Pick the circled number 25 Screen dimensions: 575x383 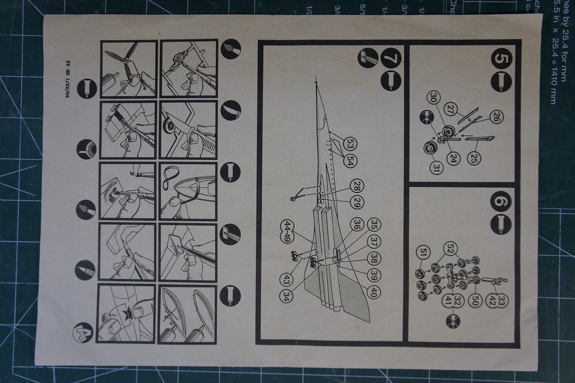coord(473,158)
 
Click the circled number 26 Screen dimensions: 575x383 coord(496,117)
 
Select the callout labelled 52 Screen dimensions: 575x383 coord(450,248)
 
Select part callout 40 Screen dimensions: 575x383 coord(373,292)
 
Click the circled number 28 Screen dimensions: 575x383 coord(357,185)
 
